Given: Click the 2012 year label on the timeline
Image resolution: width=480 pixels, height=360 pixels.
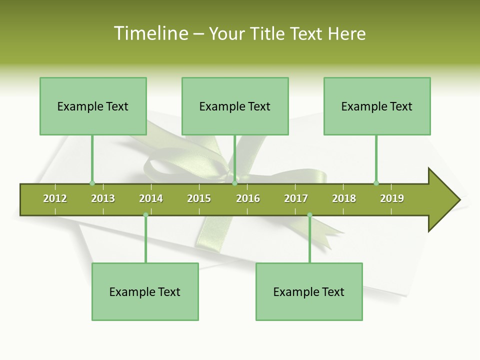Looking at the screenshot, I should coord(55,198).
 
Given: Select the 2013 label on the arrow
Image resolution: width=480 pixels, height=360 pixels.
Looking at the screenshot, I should coord(103,198).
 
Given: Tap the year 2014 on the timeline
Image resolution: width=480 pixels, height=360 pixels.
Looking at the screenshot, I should coord(151,198).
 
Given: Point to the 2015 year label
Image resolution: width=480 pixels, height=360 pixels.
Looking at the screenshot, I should coord(199,198).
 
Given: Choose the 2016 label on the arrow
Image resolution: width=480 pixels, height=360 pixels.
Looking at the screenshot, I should coord(248,198).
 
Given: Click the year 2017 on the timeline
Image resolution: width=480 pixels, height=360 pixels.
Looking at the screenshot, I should coord(296,198).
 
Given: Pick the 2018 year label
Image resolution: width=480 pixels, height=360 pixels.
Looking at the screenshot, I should coord(344,198).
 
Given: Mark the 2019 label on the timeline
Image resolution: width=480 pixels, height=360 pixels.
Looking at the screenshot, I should coord(392,198).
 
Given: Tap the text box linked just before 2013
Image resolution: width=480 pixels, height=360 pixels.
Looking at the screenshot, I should coord(93,106).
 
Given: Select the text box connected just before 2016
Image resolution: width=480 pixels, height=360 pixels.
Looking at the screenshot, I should coord(235,106).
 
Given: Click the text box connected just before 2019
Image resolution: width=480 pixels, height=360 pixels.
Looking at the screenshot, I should coord(377,106).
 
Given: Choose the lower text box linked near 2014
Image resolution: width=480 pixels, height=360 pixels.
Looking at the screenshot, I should coord(145,291).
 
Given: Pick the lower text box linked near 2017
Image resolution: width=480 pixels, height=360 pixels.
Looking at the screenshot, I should coord(309,291).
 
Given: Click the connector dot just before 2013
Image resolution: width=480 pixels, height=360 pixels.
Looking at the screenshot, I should coord(92,183).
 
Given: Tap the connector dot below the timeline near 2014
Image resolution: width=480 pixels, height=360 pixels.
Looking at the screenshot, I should coord(145,215).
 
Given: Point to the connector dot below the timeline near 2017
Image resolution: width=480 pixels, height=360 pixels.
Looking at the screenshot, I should coord(309,215).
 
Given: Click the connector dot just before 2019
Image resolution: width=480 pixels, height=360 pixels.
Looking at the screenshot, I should coord(376,183).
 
